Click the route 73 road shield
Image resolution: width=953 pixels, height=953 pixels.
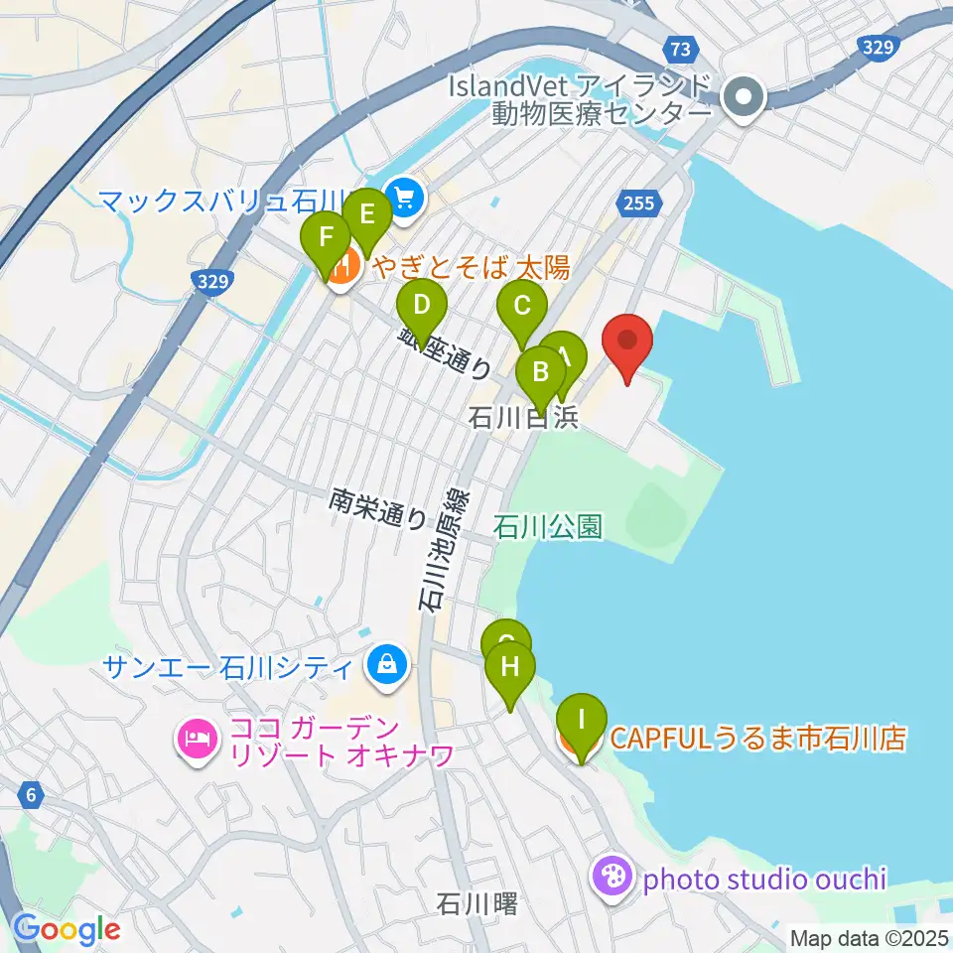pos(679,49)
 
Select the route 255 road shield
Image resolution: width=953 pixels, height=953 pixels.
pos(638,204)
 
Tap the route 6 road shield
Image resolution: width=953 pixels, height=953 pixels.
pos(32,794)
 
